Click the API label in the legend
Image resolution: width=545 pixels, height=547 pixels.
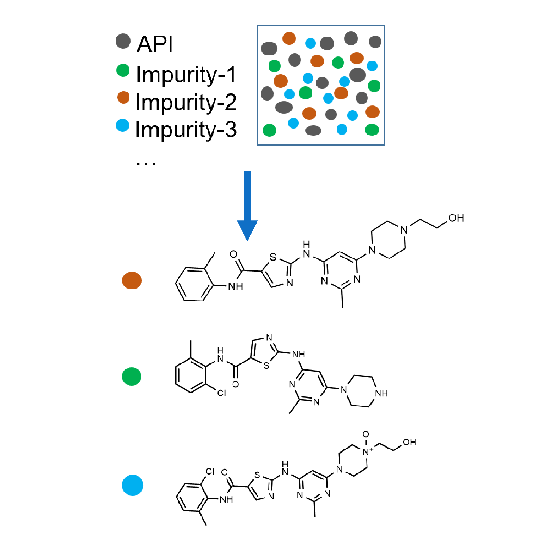point(155,44)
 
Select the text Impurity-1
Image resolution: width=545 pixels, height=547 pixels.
point(186,74)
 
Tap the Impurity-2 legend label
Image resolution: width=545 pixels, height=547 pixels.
point(186,102)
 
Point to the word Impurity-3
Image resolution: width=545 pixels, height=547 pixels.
point(186,129)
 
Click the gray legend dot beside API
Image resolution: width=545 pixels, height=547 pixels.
point(123,41)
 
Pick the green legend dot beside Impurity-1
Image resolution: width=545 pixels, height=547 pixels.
point(123,70)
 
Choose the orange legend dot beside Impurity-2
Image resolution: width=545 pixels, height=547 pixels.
point(123,97)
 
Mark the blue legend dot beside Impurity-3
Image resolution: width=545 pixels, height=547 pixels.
point(122,125)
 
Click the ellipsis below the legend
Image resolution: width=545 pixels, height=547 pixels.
point(146,163)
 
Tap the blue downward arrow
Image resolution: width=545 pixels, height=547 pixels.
point(247,206)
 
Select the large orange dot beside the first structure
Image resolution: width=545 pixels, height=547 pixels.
point(132,281)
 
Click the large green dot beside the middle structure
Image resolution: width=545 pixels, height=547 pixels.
point(132,376)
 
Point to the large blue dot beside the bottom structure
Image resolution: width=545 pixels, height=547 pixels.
point(133,485)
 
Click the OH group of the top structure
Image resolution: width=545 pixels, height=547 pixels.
point(456,218)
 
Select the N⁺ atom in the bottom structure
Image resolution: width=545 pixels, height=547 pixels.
point(367,452)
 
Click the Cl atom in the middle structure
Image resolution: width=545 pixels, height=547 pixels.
point(221,393)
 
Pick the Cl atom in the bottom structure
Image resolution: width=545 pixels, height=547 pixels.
point(210,472)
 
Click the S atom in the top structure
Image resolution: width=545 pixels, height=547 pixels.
point(273,258)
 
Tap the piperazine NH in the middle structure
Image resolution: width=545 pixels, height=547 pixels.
point(381,393)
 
